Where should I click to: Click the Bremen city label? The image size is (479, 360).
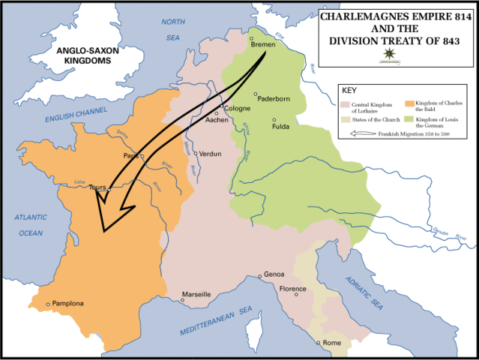pos(265,46)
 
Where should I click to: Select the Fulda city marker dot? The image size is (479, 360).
pos(275,119)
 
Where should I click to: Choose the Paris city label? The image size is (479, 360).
pos(132,155)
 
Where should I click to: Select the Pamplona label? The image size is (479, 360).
pos(68,304)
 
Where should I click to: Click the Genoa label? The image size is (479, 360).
pos(274,275)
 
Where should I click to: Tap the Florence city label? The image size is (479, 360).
pos(292,289)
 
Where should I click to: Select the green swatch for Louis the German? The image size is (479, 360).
pos(409,118)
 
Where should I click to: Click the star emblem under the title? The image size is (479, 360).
pos(388,54)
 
